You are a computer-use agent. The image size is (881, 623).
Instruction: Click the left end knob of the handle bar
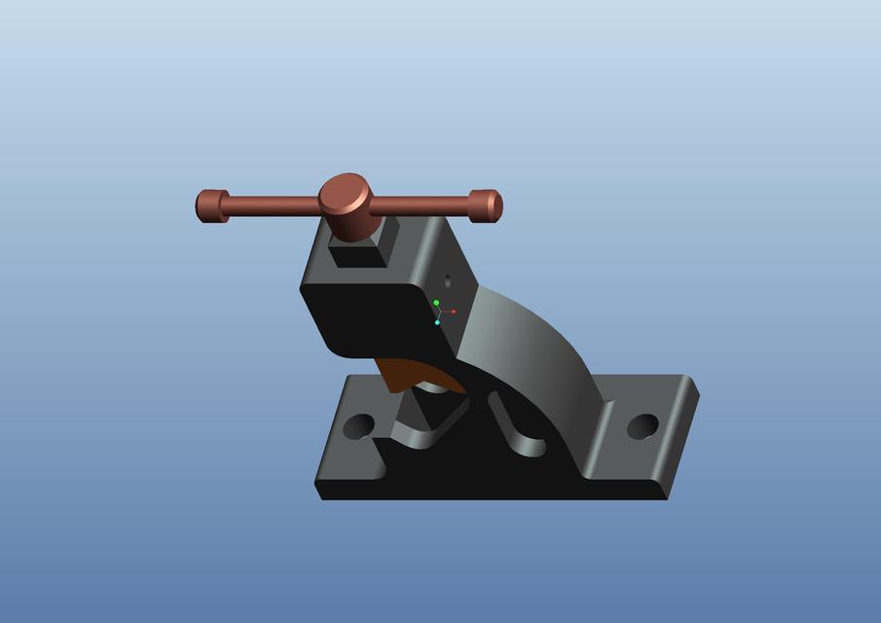[210, 205]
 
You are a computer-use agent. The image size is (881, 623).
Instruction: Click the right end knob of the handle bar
[486, 205]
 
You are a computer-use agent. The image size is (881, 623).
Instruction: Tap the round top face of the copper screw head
[346, 193]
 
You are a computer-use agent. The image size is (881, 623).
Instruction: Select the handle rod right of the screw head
[419, 205]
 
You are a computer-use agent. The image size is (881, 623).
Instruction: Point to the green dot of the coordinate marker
[436, 303]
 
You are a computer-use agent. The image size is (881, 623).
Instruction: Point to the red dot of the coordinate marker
[454, 311]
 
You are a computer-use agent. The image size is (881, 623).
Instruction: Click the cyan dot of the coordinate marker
[437, 322]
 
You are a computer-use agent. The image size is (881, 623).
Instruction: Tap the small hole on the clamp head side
[449, 280]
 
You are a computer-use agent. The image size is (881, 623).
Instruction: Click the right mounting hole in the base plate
[642, 425]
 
